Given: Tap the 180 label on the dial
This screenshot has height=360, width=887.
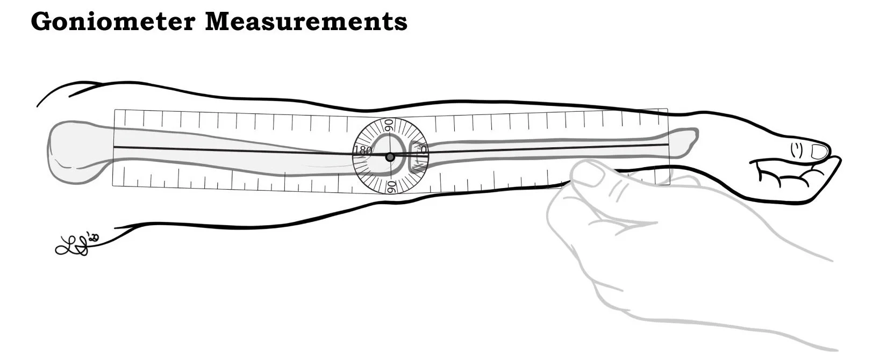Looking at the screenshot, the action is tap(362, 151).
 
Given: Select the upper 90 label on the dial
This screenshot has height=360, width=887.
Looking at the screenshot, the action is tap(389, 126).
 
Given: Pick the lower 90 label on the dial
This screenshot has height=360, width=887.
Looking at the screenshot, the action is tap(391, 186).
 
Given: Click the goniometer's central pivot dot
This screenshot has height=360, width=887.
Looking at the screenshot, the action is tap(390, 157).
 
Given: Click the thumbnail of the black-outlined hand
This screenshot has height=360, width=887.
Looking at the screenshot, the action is tap(819, 151).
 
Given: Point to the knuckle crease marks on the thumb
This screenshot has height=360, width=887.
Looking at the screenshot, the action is tap(797, 150).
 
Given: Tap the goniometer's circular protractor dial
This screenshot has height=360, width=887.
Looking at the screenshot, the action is tap(390, 156).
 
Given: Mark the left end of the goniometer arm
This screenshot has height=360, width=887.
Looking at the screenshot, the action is tap(116, 147).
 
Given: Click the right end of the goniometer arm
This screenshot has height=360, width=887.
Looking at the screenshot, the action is tap(667, 144).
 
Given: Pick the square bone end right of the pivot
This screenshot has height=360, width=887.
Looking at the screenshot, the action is tap(417, 156).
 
